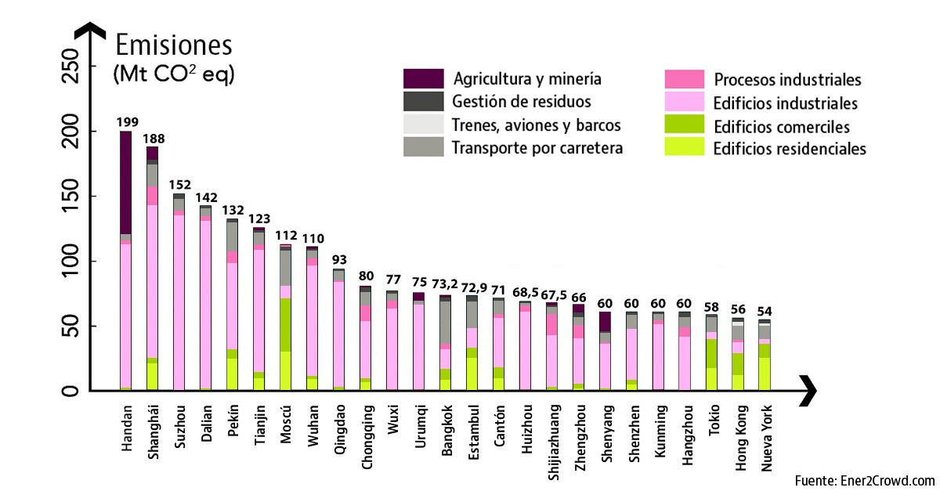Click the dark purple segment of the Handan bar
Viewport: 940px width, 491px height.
pyautogui.click(x=125, y=182)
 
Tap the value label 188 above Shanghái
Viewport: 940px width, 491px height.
pyautogui.click(x=152, y=139)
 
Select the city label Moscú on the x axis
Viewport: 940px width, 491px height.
pyautogui.click(x=286, y=424)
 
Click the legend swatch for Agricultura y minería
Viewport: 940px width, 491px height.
pyautogui.click(x=423, y=78)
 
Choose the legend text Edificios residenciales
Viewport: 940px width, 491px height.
pyautogui.click(x=790, y=148)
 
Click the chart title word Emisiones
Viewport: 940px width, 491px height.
pyautogui.click(x=174, y=44)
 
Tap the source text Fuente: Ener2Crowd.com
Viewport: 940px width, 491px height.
pyautogui.click(x=865, y=480)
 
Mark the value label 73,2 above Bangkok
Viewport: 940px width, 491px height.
pyautogui.click(x=445, y=287)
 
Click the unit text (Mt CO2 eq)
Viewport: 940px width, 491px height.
pyautogui.click(x=174, y=75)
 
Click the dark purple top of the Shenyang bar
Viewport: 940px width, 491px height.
pyautogui.click(x=605, y=322)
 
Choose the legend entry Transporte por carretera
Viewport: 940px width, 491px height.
pyautogui.click(x=537, y=147)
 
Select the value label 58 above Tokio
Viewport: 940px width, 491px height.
pyautogui.click(x=711, y=307)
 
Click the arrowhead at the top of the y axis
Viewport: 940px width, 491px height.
pyautogui.click(x=93, y=31)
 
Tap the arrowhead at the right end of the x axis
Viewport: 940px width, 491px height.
pyautogui.click(x=808, y=389)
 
